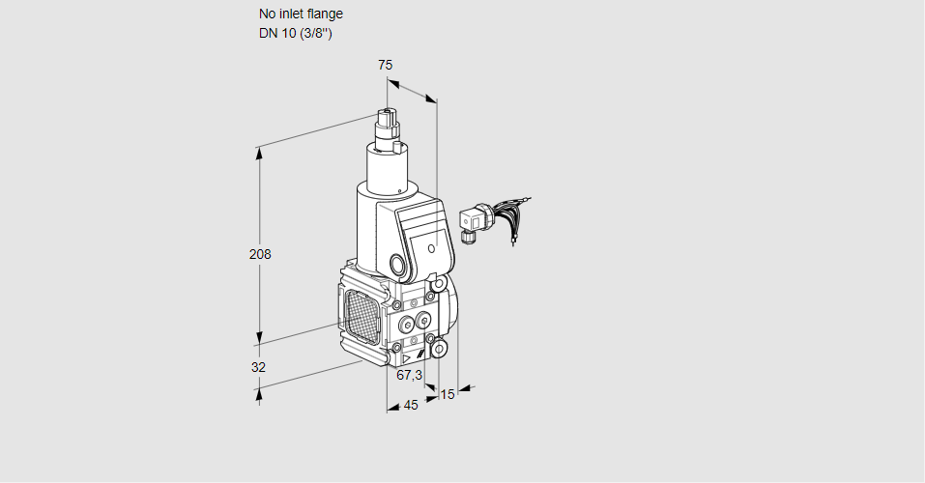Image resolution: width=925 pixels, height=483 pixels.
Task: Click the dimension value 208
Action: (x=260, y=254)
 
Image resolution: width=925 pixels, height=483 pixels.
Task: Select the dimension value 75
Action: (x=385, y=65)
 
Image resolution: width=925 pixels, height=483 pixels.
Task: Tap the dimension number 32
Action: (x=258, y=367)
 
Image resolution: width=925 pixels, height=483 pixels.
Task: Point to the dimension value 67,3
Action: (x=410, y=374)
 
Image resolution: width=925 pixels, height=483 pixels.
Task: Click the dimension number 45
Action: (x=411, y=405)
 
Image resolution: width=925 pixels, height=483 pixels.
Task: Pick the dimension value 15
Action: (x=447, y=394)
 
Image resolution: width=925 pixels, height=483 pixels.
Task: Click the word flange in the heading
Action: (x=323, y=14)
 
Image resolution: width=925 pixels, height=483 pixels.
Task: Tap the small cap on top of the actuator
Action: (x=389, y=119)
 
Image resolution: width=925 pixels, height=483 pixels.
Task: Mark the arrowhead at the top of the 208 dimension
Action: (x=258, y=152)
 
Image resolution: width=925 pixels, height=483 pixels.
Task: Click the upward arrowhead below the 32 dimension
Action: (x=258, y=391)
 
